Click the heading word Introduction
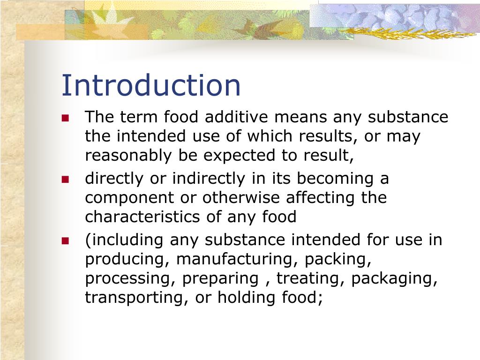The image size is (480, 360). click(x=151, y=85)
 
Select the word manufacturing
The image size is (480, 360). click(x=238, y=259)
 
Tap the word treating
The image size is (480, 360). click(x=310, y=278)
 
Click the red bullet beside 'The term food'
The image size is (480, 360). click(x=65, y=118)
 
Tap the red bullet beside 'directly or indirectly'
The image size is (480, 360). click(x=65, y=179)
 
